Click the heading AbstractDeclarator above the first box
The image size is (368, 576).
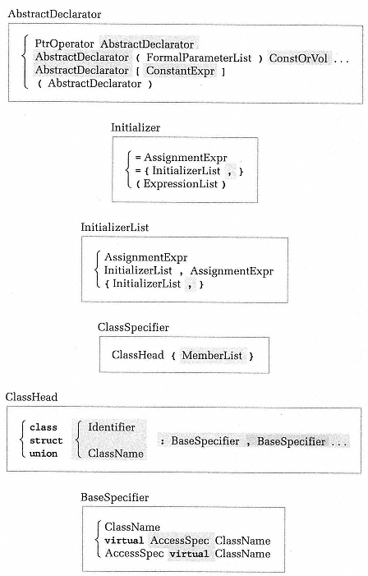coord(54,14)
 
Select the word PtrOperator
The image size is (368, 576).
coord(64,44)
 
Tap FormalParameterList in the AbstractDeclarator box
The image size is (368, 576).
coord(199,58)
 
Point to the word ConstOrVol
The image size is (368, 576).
coord(298,58)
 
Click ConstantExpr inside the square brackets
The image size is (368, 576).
coord(180,71)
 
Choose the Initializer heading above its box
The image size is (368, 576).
coord(136,127)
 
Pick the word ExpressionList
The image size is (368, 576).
coord(181,184)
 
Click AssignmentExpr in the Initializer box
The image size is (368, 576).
coord(186,158)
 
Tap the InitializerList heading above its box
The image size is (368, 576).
coord(114,227)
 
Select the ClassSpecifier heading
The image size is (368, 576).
coord(133,327)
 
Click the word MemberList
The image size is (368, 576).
coord(212,355)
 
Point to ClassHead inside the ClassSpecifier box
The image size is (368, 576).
coord(138,355)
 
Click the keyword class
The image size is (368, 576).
coord(44,427)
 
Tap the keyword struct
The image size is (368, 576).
coord(46,440)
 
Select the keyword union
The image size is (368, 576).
coord(44,454)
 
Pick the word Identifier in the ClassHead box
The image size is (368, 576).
coord(112,427)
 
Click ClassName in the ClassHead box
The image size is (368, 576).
coord(116,454)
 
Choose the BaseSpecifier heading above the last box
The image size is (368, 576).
coord(114,497)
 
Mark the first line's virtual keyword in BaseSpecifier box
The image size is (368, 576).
coord(124,541)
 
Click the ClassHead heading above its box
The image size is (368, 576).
coord(31,397)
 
